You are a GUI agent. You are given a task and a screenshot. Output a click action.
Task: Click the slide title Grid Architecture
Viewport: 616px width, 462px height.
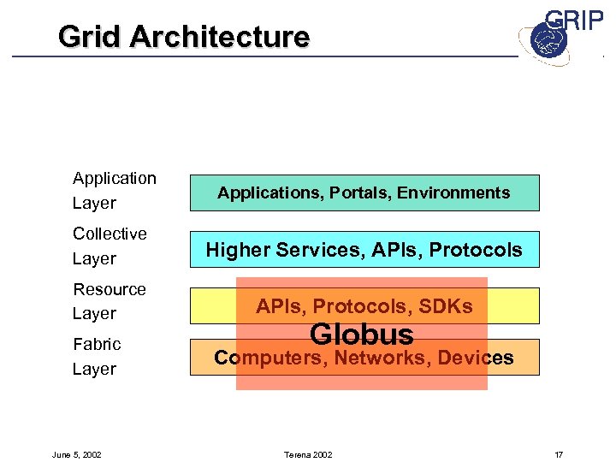[184, 37]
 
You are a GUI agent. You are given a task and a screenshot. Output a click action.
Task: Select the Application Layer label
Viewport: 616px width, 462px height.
[114, 190]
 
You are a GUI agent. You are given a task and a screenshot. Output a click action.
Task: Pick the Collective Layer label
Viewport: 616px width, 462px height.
[110, 246]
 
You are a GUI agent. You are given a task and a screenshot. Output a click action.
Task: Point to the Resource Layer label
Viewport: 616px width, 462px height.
[109, 301]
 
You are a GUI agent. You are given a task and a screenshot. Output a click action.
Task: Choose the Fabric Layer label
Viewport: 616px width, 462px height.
[97, 356]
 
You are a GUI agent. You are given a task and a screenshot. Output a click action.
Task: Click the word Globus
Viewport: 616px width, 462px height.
[361, 334]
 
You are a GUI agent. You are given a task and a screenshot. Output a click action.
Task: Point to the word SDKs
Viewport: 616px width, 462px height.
[444, 306]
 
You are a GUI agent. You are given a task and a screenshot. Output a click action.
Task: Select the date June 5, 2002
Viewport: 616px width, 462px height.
[76, 453]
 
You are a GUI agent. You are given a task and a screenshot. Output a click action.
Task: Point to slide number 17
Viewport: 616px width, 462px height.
[559, 453]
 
